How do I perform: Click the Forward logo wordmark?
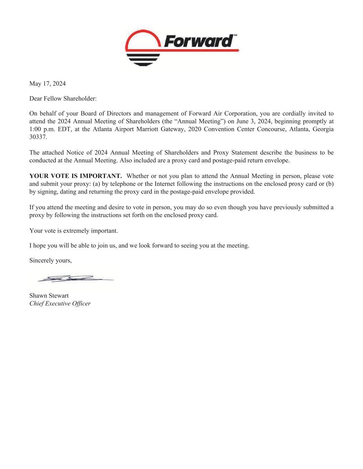coord(199,41)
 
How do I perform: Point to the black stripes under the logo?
coord(143,59)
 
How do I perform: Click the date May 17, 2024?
coord(47,83)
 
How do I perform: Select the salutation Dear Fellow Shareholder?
coord(63,99)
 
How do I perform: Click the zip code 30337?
coord(38,137)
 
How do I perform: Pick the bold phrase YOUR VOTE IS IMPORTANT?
coord(76,176)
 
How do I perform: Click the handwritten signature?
coord(74,279)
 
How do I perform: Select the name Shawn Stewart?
coord(49,295)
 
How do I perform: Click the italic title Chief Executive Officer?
coord(60,303)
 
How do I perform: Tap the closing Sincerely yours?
coord(51,260)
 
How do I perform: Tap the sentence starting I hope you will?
coord(139,245)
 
